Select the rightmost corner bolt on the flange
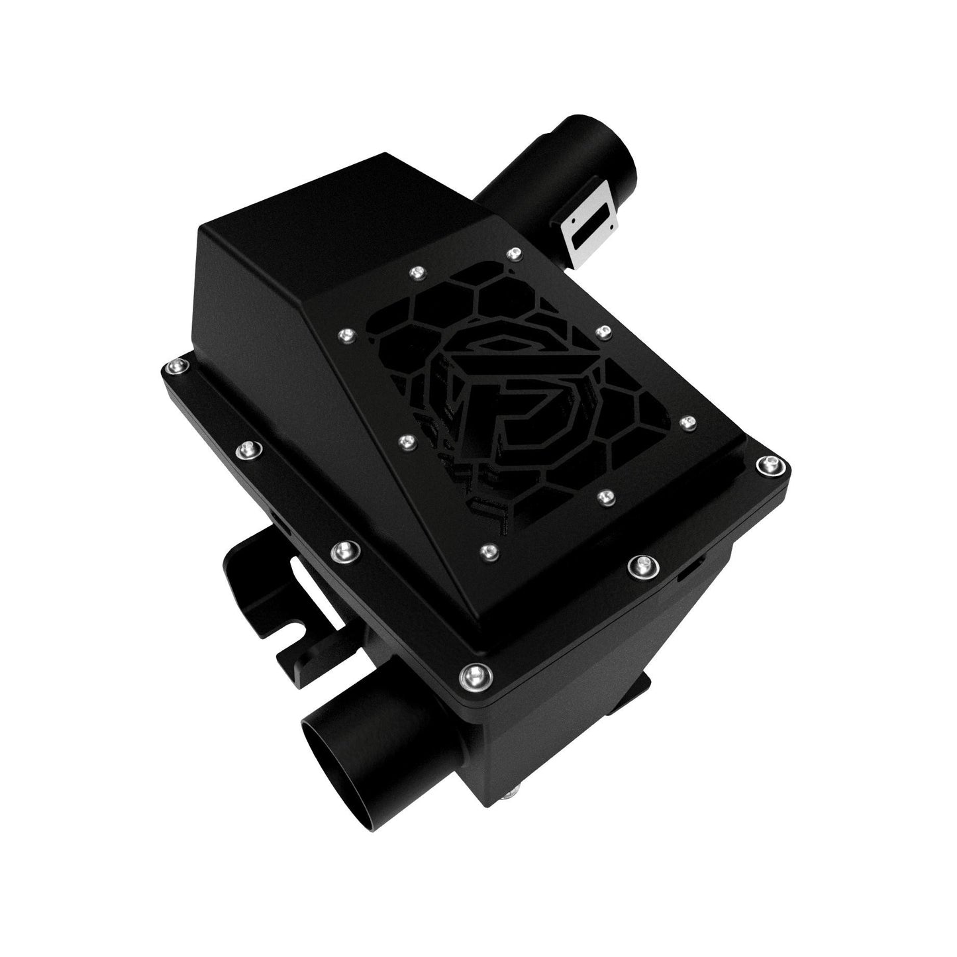coord(770,466)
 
